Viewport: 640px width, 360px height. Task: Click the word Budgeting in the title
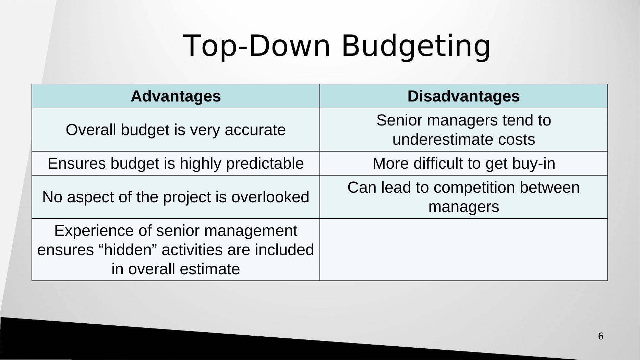416,46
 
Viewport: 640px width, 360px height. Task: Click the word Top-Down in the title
257,46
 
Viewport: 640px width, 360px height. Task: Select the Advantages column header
176,96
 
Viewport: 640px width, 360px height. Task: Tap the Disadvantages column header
464,96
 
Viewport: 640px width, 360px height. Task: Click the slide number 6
601,336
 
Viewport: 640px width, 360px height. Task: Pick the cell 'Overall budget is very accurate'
176,130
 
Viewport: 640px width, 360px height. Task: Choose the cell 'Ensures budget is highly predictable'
176,163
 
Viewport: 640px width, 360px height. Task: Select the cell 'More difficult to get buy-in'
464,163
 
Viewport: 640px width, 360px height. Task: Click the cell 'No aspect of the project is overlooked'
176,197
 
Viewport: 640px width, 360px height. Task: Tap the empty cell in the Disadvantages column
464,250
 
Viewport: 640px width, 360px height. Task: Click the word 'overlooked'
270,197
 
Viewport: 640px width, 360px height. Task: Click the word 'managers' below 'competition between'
464,207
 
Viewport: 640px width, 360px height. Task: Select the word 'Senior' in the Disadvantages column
399,120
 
